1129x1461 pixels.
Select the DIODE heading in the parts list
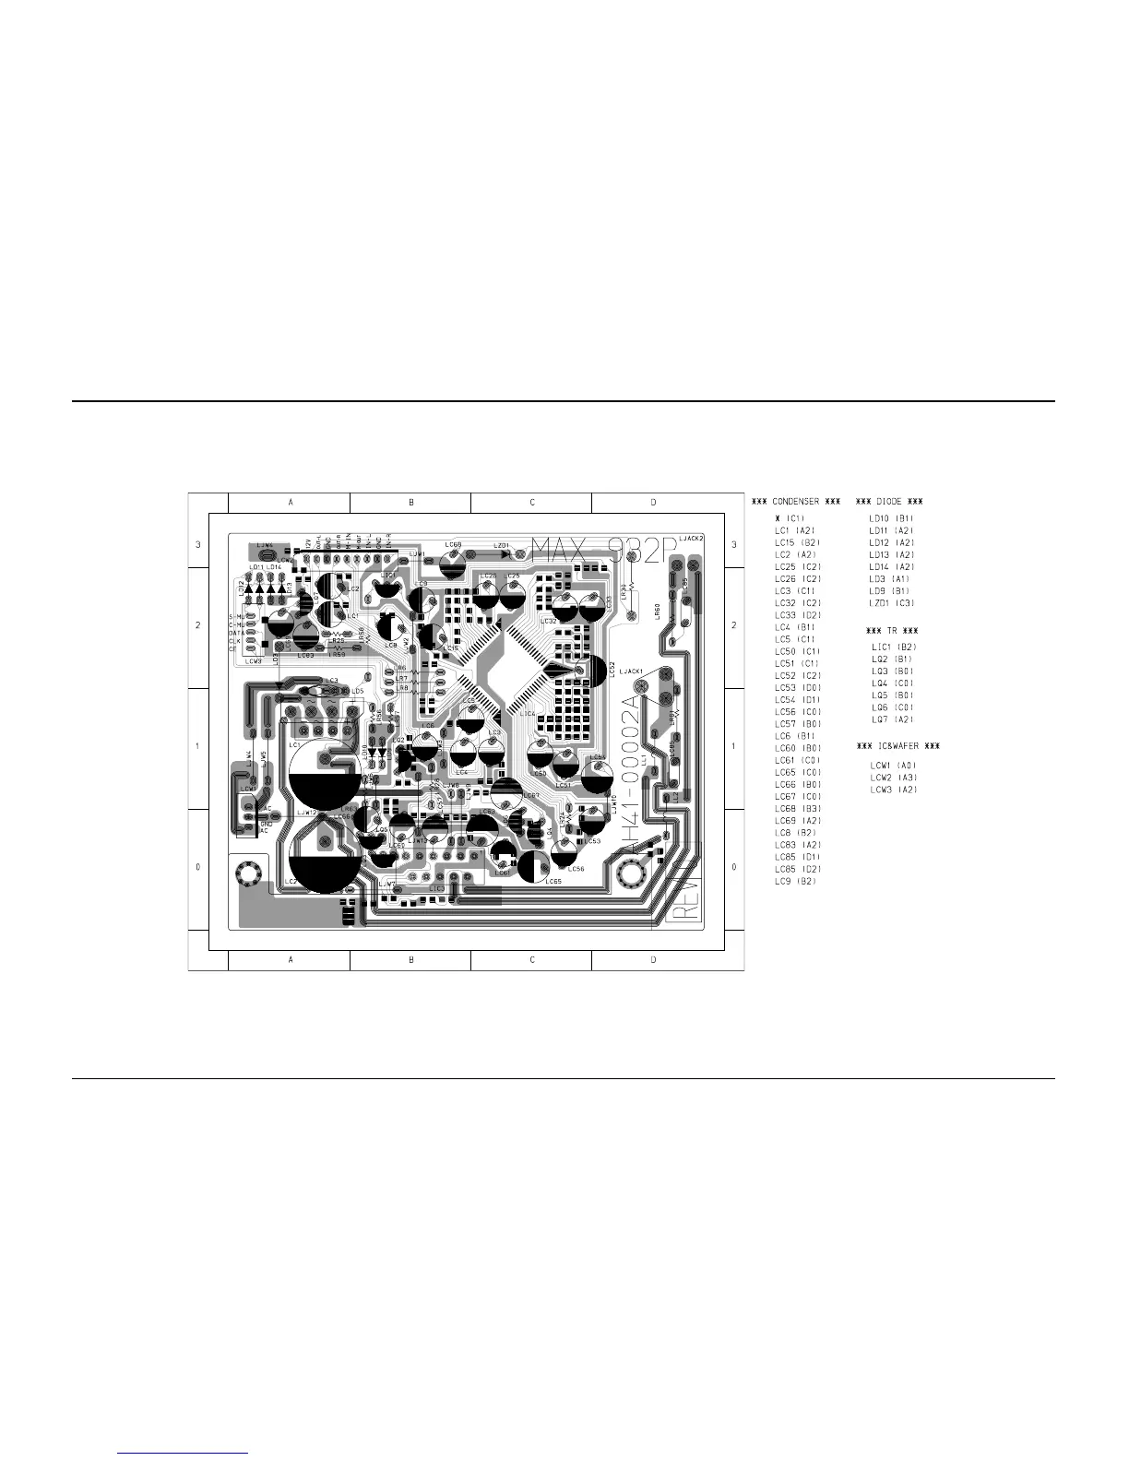(889, 502)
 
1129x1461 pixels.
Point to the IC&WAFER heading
(899, 745)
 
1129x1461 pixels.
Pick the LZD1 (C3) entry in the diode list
(891, 603)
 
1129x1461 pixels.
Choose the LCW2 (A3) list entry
(894, 778)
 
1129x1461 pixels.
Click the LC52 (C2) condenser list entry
(798, 675)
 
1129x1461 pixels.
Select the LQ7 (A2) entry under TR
(892, 719)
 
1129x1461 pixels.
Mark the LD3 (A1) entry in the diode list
(889, 579)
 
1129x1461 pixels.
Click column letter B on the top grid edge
(411, 503)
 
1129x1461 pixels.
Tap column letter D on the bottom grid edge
(653, 960)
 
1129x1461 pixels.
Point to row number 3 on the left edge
(198, 545)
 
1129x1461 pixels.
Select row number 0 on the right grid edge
(734, 867)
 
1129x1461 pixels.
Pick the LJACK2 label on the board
(691, 538)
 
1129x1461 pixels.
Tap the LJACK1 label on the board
(632, 671)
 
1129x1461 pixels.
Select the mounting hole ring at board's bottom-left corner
(247, 872)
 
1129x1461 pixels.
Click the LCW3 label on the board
(254, 660)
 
